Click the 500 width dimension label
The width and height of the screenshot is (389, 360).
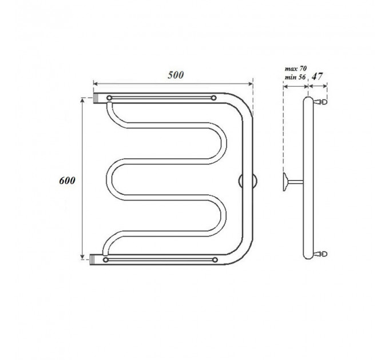click(176, 75)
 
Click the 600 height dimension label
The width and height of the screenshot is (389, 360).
click(67, 181)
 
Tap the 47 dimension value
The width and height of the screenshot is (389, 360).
click(317, 77)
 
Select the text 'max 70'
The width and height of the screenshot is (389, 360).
click(296, 69)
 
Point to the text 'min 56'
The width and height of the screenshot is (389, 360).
click(295, 77)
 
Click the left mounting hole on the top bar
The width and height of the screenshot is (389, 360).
click(109, 98)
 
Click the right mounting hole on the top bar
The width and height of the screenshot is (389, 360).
click(213, 98)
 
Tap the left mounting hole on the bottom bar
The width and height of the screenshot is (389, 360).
click(106, 260)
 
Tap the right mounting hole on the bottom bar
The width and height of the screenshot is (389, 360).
click(215, 260)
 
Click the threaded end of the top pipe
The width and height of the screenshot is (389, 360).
click(96, 98)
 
